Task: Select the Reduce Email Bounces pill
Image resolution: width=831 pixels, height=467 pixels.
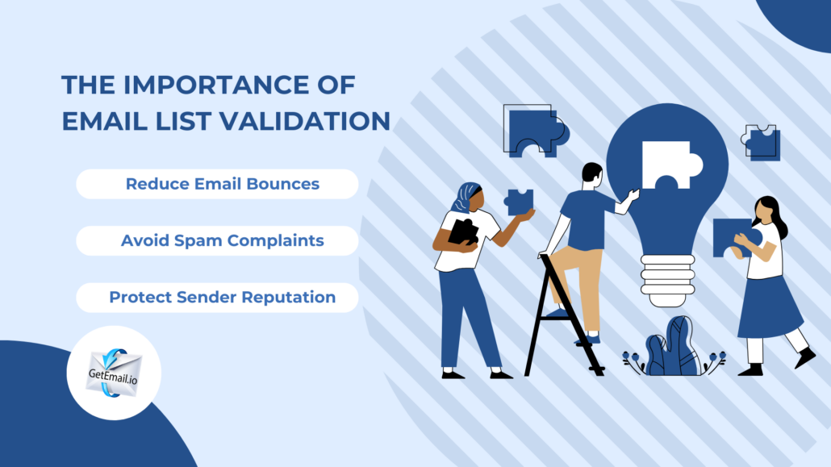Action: coord(217,184)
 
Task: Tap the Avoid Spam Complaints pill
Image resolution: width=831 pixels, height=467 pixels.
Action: coord(217,240)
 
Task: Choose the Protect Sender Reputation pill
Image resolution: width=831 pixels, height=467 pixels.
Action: coord(217,297)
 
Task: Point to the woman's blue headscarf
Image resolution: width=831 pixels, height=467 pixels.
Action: coord(466,196)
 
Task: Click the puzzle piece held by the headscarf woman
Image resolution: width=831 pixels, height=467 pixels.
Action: coord(519,201)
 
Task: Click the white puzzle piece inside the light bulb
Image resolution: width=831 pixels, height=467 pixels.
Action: coord(667,163)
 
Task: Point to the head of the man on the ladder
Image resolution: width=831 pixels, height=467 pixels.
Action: coord(591,176)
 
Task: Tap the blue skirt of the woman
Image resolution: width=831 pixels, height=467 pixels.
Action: coord(767,306)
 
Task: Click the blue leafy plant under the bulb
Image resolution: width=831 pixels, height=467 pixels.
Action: coord(673,348)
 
